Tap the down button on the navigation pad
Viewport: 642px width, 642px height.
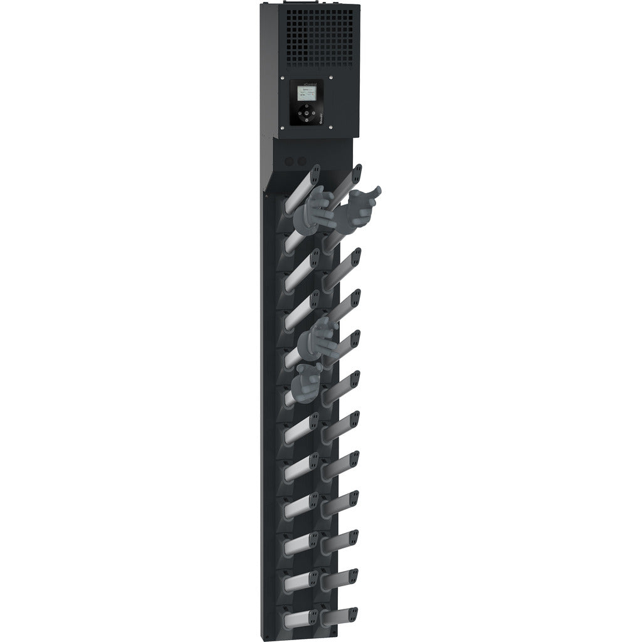pos(307,120)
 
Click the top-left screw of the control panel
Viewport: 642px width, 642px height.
pos(283,78)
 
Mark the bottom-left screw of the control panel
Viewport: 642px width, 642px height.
pos(283,127)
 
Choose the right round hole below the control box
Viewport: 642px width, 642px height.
pos(303,162)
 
